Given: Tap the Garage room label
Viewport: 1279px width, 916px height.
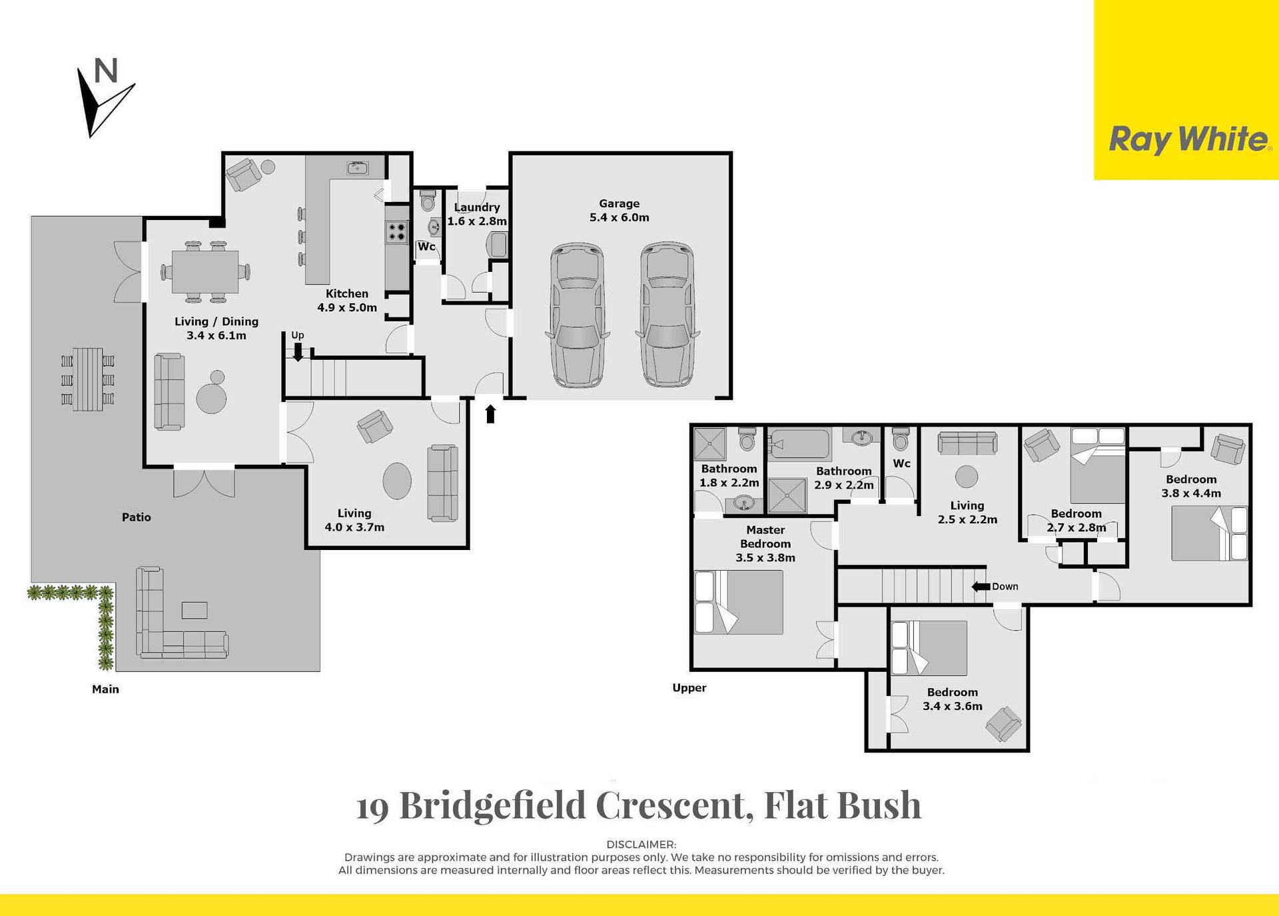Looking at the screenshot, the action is coord(619,211).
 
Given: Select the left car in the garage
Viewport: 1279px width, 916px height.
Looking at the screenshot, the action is coord(577,315).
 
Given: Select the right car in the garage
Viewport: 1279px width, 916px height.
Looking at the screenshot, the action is coord(667,315).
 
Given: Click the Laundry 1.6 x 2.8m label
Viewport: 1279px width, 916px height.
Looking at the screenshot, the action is coord(477,214).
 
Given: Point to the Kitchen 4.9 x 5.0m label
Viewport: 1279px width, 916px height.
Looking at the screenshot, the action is coord(347,301).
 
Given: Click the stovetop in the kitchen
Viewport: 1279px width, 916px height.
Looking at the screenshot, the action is coord(397,232).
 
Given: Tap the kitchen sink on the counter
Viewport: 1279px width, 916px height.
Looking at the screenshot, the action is coord(358,168).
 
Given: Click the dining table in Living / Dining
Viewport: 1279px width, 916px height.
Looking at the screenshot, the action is coord(205,271).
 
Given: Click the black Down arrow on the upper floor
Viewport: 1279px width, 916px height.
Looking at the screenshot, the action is coord(981,587).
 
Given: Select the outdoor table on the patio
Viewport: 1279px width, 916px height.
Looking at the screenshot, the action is coord(88,379).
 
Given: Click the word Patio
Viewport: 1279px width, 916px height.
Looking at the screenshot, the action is coord(137,517).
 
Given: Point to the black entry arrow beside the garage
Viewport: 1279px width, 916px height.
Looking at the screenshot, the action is coord(490,414).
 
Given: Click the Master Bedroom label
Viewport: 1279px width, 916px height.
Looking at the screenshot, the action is coord(765,544).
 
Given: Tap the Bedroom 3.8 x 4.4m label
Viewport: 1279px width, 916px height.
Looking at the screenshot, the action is coord(1191,486).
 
